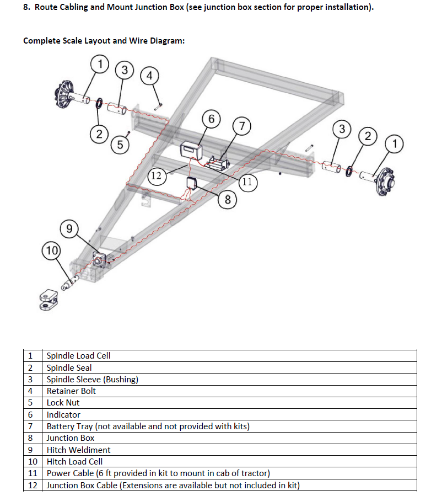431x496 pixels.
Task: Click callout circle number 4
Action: [x=149, y=76]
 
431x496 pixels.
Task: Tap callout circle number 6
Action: [x=212, y=119]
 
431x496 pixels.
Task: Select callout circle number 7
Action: [x=242, y=126]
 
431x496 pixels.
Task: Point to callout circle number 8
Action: [x=228, y=200]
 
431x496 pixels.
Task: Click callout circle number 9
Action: [x=69, y=228]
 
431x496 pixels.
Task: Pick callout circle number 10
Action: [x=51, y=250]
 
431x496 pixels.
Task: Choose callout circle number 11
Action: [x=247, y=182]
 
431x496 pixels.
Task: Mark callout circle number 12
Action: [x=157, y=175]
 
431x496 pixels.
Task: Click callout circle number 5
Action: [x=120, y=145]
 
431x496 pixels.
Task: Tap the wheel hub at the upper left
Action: [x=65, y=94]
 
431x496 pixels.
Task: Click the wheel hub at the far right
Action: [x=385, y=182]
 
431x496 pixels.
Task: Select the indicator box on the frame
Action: [x=191, y=151]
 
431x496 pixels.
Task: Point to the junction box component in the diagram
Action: [x=191, y=183]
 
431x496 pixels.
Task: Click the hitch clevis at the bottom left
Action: [x=49, y=299]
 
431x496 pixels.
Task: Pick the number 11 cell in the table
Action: [x=33, y=473]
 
